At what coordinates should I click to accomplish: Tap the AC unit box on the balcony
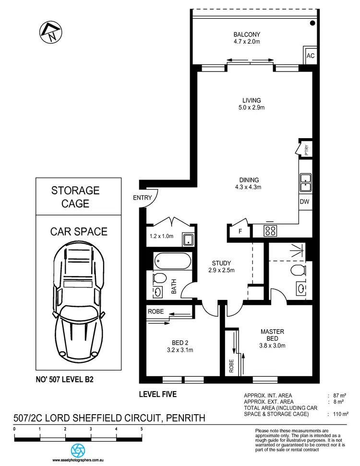click(311, 56)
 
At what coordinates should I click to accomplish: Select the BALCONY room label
click(247, 38)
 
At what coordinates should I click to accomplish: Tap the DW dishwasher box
click(305, 202)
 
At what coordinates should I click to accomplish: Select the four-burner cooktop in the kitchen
click(270, 231)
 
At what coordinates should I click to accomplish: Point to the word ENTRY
click(143, 198)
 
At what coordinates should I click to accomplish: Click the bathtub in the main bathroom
click(172, 262)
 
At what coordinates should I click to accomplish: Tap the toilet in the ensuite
click(298, 270)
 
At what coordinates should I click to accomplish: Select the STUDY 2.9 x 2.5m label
click(222, 267)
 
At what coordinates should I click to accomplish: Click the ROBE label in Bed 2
click(156, 311)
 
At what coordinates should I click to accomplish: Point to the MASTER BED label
click(273, 335)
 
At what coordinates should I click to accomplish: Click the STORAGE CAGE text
click(75, 197)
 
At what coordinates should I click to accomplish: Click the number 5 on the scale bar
click(142, 429)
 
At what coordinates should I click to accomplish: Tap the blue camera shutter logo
click(78, 451)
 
